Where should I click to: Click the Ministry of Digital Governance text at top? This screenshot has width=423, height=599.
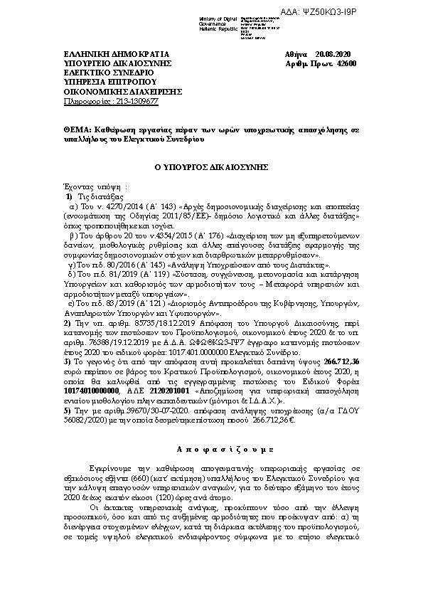pyautogui.click(x=215, y=20)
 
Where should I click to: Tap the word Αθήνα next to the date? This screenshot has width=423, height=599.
pyautogui.click(x=295, y=55)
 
